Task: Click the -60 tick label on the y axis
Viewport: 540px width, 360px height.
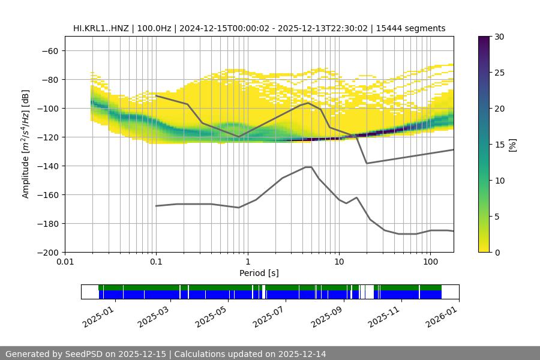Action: pos(49,51)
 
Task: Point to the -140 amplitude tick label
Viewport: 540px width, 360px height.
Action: pos(47,166)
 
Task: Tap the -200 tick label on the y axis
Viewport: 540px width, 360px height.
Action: pos(47,253)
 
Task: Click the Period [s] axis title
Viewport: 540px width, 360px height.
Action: pos(259,274)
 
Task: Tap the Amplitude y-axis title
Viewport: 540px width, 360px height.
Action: pos(26,144)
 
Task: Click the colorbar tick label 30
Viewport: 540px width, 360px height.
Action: pos(499,37)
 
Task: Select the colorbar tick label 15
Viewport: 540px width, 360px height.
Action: pos(499,145)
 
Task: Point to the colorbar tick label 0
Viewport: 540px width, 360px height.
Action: pos(497,253)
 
